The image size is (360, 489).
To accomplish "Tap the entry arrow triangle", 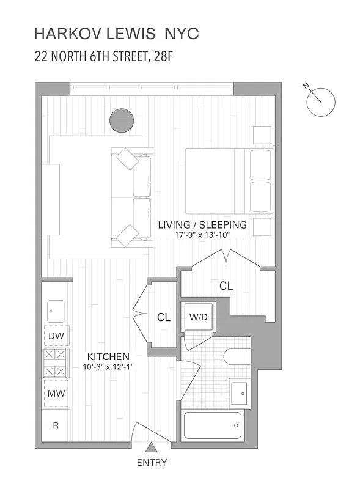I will (152, 450).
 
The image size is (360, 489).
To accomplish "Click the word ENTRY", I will (152, 463).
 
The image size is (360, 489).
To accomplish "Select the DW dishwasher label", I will (56, 336).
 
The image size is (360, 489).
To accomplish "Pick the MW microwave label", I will (56, 394).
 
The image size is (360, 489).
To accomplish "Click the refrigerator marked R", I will (56, 425).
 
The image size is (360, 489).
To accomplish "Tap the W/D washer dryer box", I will (197, 317).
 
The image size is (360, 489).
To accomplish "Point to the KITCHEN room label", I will (108, 356).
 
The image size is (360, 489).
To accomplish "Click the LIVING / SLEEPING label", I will (202, 225).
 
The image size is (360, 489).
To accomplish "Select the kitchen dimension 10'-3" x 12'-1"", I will (108, 367).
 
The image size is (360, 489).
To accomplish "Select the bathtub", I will (213, 425).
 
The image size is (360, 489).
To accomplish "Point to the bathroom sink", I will (240, 393).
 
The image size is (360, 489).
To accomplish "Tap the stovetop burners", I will (56, 362).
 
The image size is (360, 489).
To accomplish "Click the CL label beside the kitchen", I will (163, 317).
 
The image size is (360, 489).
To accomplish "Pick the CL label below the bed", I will (226, 285).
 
